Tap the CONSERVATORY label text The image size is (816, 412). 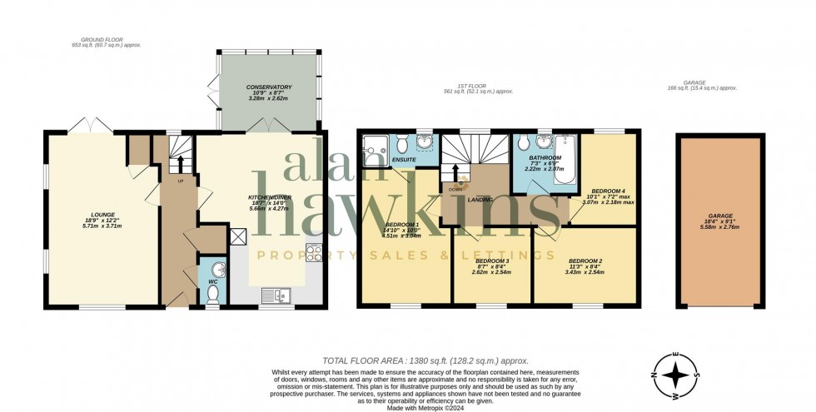point(268,87)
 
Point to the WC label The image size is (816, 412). point(212,282)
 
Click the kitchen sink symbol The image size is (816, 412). point(275,294)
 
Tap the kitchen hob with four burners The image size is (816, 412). point(314,253)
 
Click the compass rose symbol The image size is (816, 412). point(682,371)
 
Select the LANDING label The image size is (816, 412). point(480,200)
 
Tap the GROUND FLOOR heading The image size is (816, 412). point(103,39)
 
